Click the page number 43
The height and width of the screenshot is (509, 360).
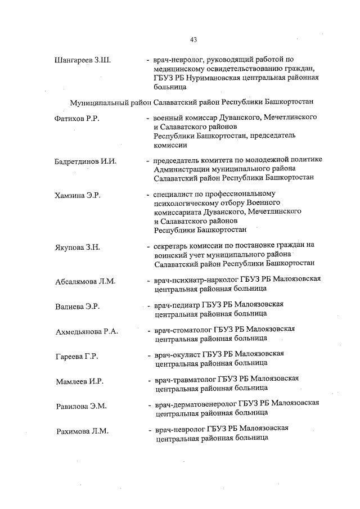coord(193,39)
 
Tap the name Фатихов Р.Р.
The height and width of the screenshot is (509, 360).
coord(77,119)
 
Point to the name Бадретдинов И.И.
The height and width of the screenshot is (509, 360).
coord(85,161)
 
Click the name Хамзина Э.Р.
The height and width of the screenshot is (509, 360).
coord(77,195)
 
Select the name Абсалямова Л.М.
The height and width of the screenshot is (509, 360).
coord(85,281)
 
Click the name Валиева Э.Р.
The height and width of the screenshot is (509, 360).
coord(77,306)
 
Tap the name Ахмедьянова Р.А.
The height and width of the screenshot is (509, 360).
coord(87,331)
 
